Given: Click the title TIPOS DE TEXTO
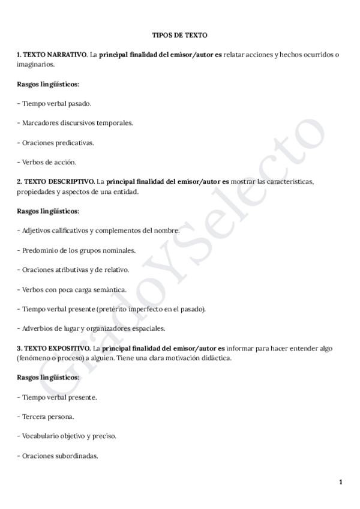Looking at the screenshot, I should click(179, 36).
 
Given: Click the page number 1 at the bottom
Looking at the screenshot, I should click(340, 482).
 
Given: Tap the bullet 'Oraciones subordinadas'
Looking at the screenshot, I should click(58, 456).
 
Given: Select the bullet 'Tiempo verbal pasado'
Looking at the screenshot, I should click(54, 103).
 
